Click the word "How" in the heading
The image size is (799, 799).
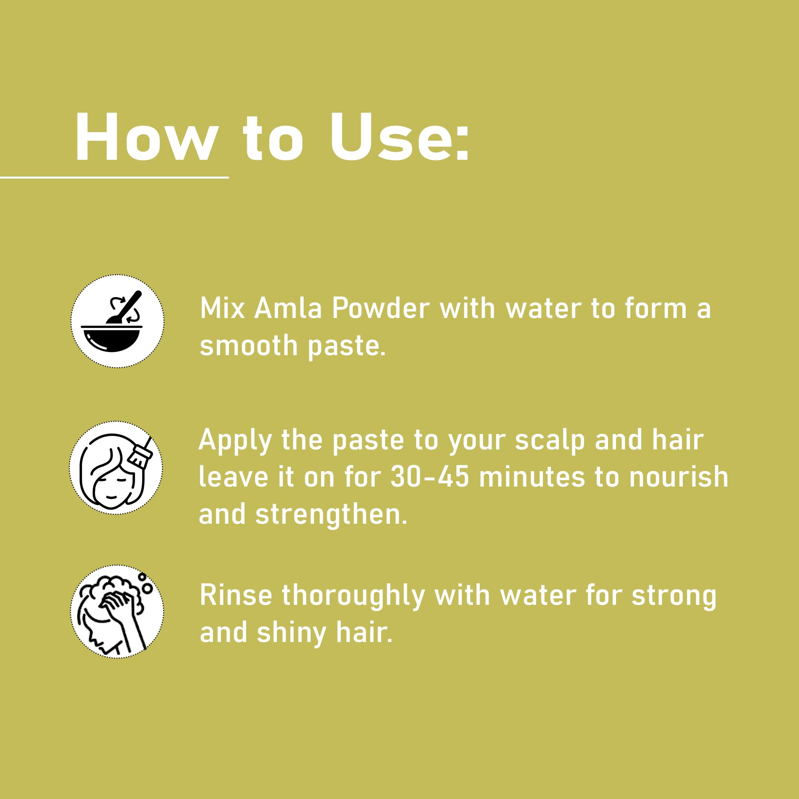click(146, 137)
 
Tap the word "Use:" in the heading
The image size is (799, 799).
click(400, 137)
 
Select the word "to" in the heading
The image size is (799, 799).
click(273, 138)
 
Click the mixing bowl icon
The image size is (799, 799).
click(117, 321)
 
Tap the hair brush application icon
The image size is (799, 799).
click(116, 468)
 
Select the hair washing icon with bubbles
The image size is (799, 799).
click(117, 611)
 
